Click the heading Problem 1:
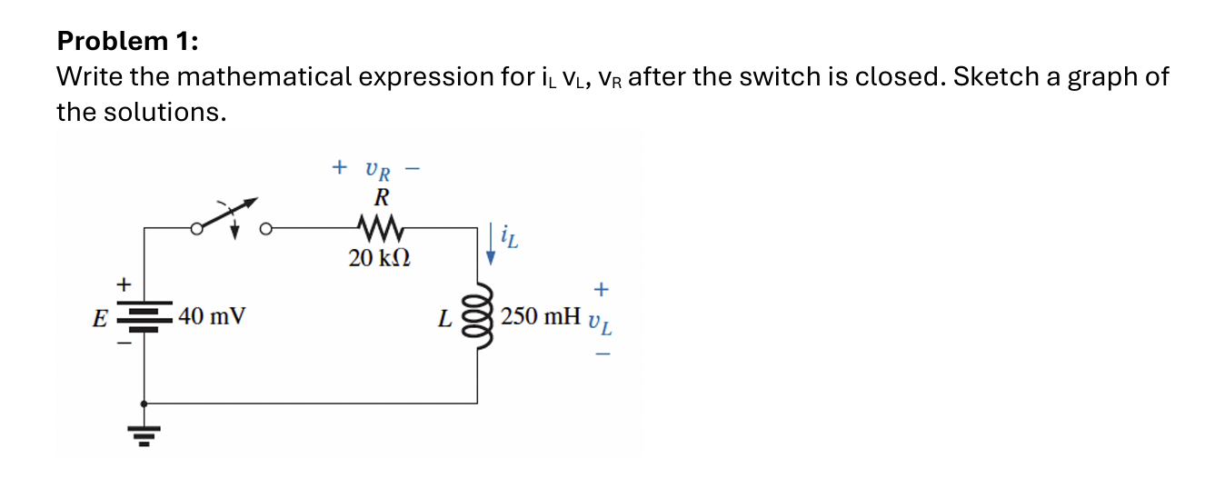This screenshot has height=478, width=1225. [x=126, y=41]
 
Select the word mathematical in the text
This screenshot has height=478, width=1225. [x=264, y=76]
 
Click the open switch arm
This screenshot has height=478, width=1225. [x=227, y=214]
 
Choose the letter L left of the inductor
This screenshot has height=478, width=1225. [x=444, y=319]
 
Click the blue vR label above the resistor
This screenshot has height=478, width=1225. [x=378, y=170]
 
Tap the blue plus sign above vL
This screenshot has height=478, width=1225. [x=601, y=289]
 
